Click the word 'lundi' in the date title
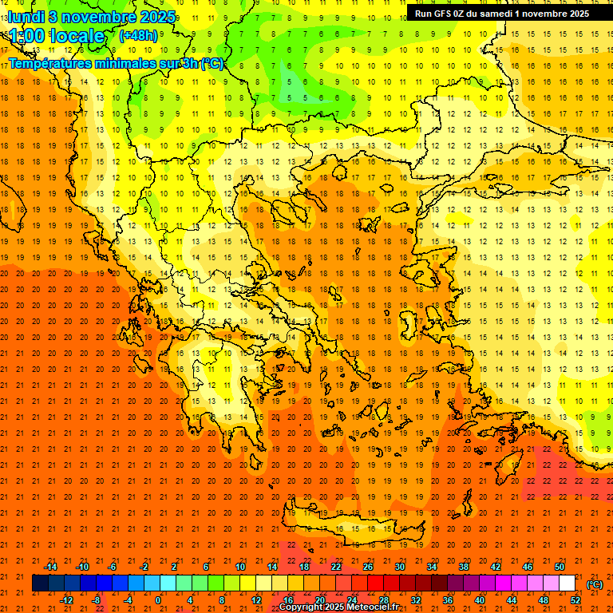tap(27, 16)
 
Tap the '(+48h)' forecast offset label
tap(138, 35)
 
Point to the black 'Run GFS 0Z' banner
tap(502, 13)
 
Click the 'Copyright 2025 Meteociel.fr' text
tap(338, 607)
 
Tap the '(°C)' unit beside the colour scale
tap(595, 584)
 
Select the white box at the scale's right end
tap(567, 583)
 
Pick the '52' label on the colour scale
tap(575, 600)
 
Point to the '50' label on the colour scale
tap(560, 567)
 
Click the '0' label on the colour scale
tap(158, 600)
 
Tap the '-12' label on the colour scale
tap(66, 600)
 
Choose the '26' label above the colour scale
tap(368, 567)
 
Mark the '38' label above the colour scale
tap(464, 567)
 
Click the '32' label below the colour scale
tap(416, 600)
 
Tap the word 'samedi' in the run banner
tap(494, 13)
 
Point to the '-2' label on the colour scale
tap(144, 567)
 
